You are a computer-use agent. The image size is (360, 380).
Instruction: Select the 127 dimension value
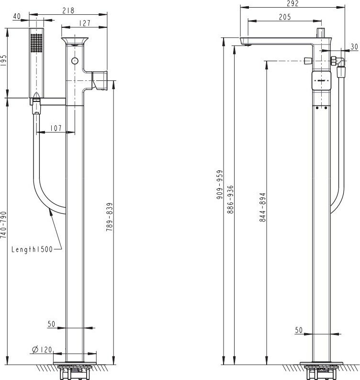85,22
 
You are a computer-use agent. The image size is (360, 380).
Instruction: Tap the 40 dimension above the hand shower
17,16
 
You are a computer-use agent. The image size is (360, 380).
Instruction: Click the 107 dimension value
56,128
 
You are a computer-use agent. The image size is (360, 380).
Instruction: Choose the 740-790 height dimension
4,224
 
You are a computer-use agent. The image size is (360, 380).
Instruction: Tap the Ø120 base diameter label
42,350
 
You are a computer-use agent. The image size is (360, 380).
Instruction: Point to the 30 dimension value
354,46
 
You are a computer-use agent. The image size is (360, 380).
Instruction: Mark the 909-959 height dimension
219,184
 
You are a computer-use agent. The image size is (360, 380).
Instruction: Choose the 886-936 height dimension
230,199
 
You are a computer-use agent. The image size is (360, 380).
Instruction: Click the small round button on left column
74,60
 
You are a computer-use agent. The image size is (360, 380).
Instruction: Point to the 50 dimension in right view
299,330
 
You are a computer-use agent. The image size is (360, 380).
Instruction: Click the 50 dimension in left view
52,324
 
